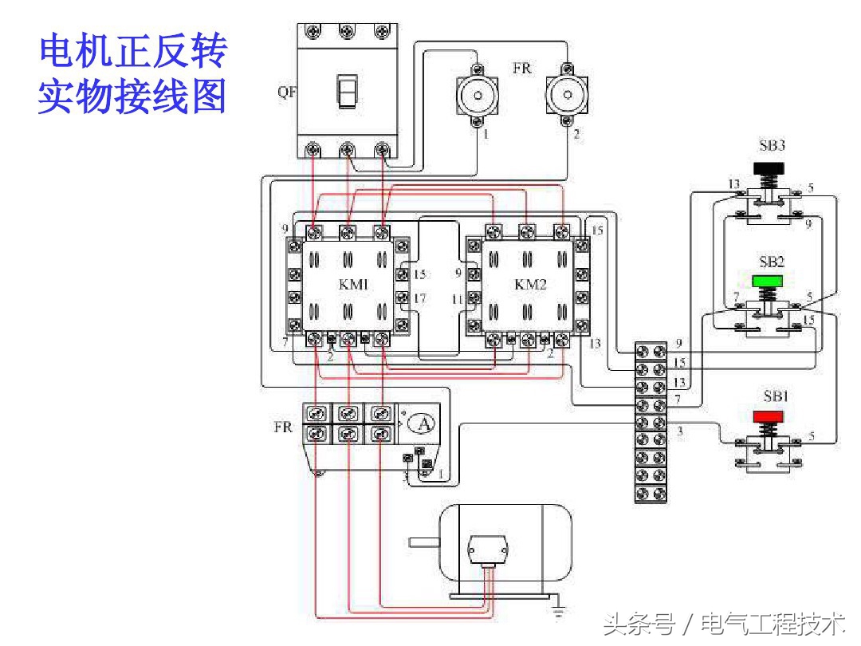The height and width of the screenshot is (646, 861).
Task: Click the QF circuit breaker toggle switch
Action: point(346,92)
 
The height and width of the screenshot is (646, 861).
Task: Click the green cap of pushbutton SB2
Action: point(769,281)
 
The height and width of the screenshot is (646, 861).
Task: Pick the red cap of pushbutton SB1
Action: point(769,416)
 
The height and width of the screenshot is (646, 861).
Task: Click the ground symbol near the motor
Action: point(559,612)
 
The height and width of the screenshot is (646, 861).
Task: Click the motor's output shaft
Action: point(423,543)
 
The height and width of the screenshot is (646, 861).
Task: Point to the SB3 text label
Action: point(772,147)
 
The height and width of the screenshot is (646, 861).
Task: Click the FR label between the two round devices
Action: point(521,69)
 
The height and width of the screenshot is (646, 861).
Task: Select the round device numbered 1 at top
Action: point(476,96)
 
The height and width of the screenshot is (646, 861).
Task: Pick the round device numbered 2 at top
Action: point(566,96)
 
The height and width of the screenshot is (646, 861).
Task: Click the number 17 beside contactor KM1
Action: point(420,298)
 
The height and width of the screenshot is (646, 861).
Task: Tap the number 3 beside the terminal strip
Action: point(679,431)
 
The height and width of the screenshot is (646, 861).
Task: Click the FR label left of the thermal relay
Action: point(283,427)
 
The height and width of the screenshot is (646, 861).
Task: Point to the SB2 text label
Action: point(772,262)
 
